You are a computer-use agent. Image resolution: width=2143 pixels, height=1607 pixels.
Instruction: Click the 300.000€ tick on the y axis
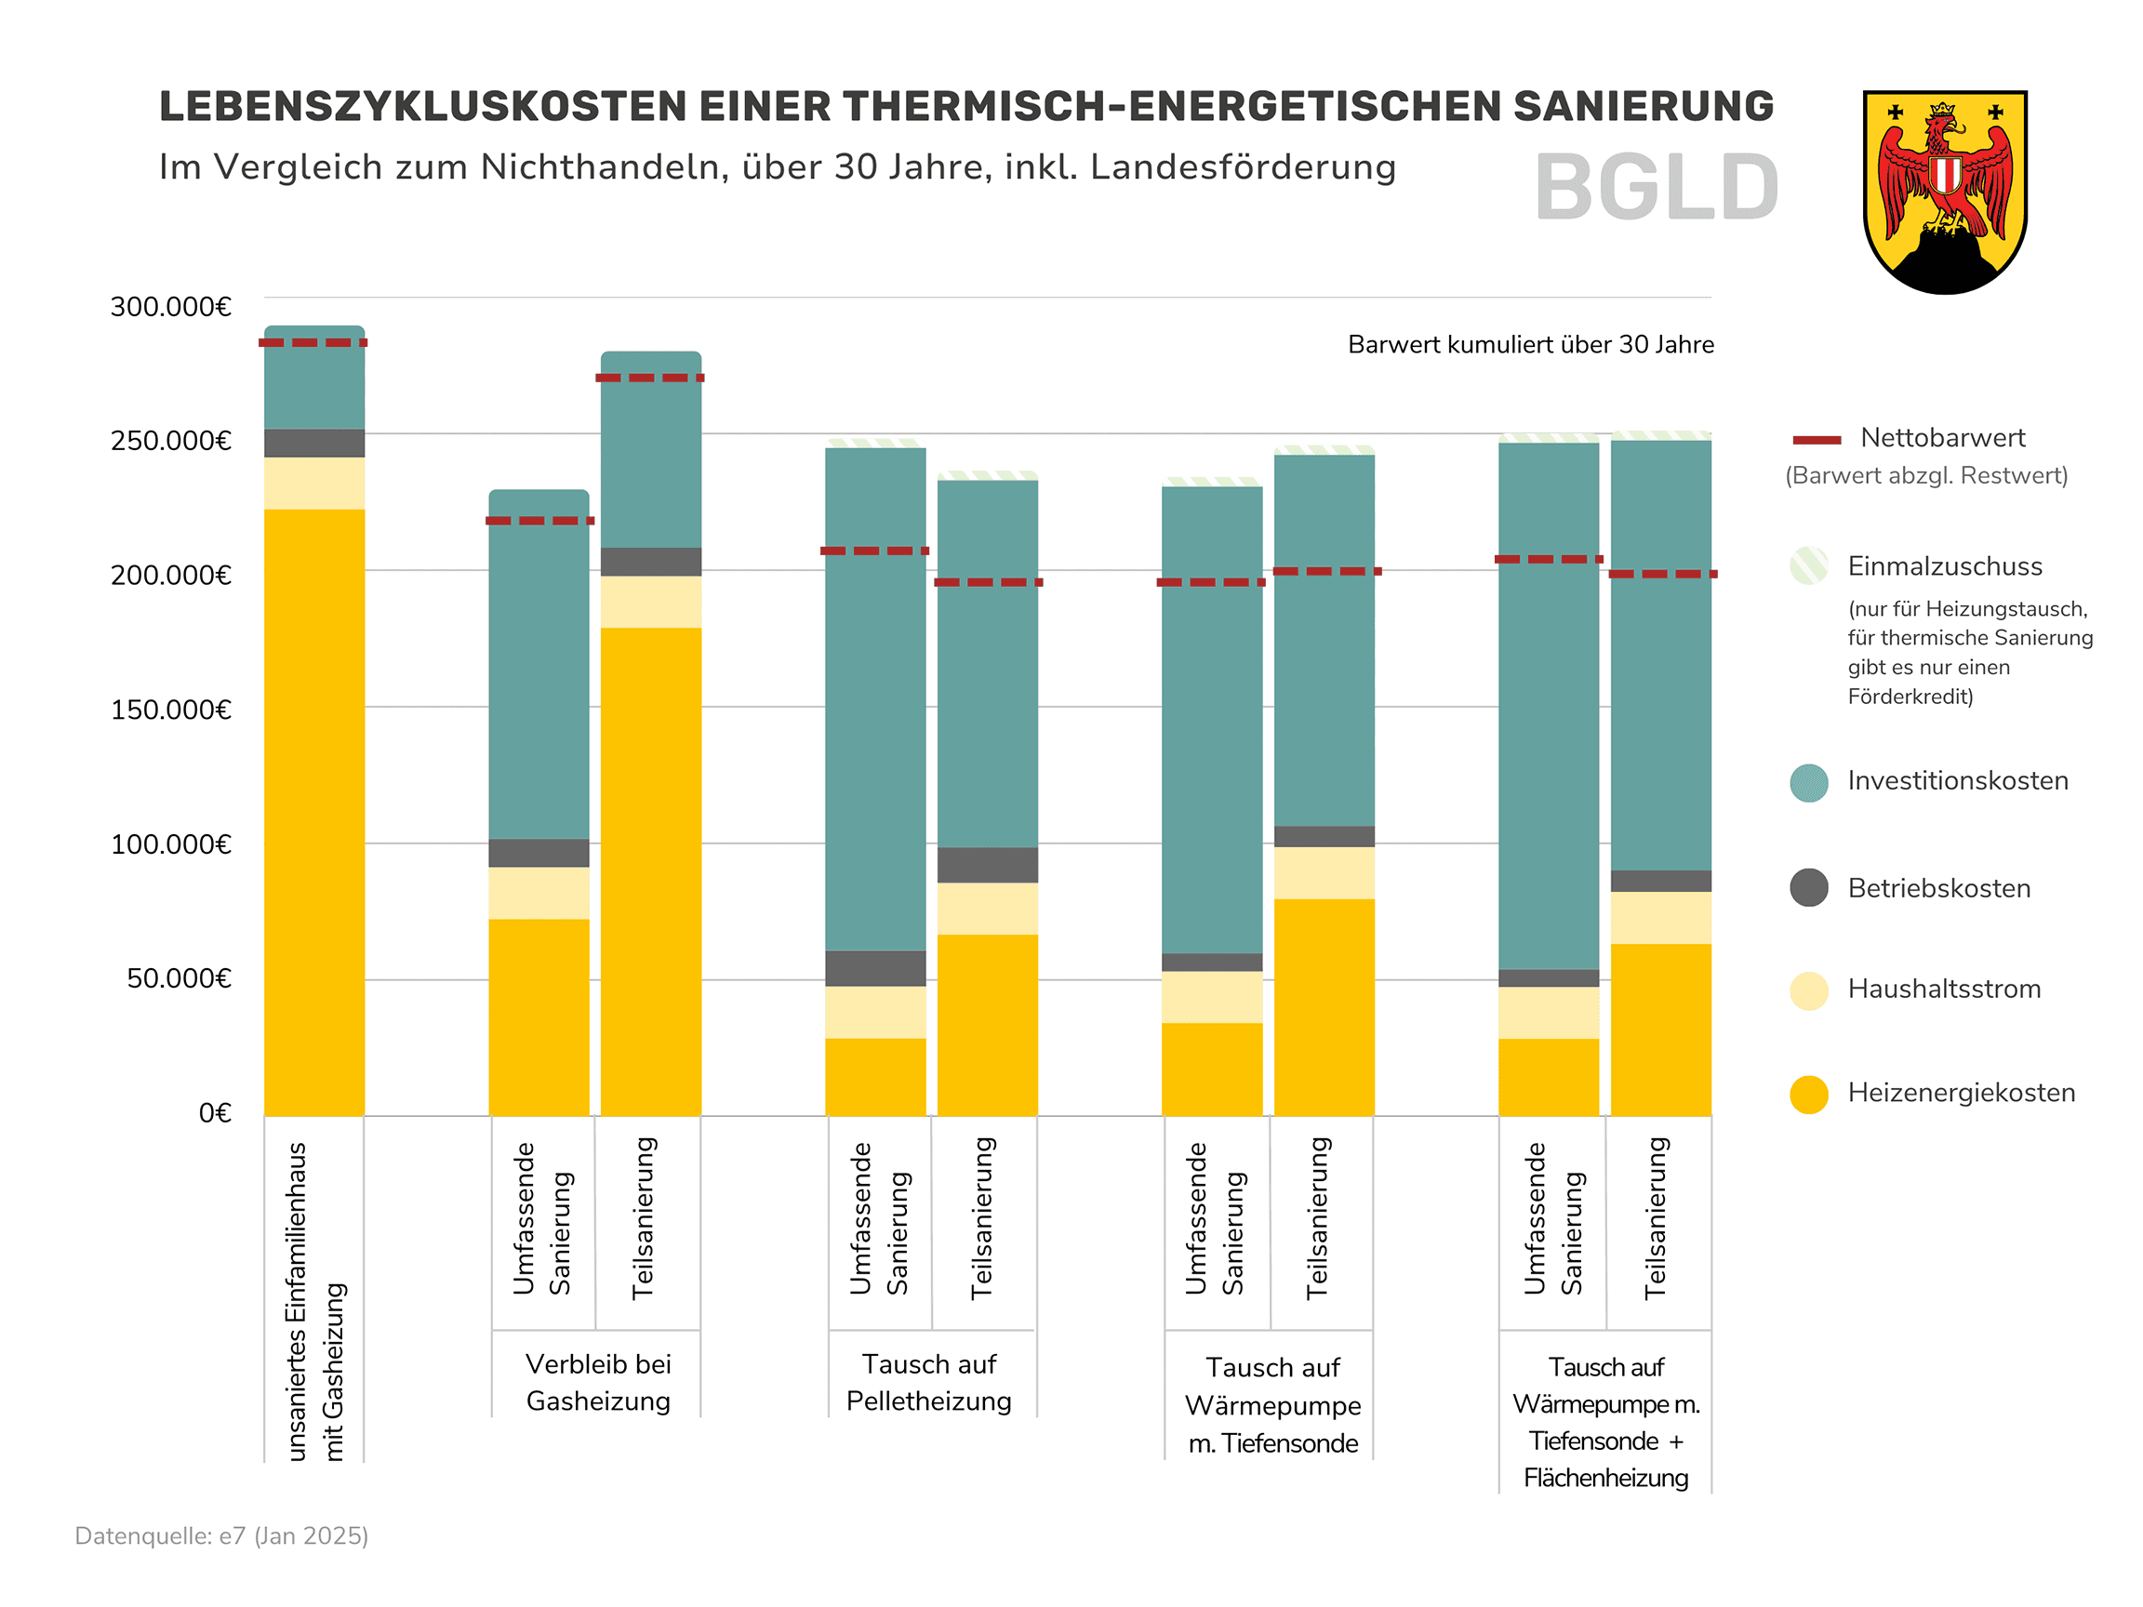tap(170, 307)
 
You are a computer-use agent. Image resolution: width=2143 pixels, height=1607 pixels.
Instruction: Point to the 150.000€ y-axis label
tap(170, 710)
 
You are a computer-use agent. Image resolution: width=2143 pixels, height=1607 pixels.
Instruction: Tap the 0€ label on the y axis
tap(215, 1113)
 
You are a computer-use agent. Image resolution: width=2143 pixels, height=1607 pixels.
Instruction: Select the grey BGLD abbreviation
tap(1656, 188)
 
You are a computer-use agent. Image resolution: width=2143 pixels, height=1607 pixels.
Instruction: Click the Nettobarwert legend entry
tap(1941, 438)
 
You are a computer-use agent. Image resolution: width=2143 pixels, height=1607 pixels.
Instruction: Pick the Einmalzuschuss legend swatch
tap(1808, 566)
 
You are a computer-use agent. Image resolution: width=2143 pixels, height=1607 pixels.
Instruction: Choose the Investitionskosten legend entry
tap(1957, 781)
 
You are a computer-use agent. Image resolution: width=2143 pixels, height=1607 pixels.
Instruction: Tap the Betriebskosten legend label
tap(1938, 888)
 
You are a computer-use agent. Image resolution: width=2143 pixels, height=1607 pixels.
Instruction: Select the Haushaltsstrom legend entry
tap(1943, 989)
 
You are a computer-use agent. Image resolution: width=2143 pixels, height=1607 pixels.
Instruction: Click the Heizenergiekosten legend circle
tap(1808, 1094)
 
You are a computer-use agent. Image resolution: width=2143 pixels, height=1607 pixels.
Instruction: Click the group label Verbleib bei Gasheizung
tap(598, 1382)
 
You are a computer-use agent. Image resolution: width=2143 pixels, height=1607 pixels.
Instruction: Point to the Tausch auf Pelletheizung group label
tap(928, 1382)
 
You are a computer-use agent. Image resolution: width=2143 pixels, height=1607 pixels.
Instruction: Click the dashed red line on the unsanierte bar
tap(313, 343)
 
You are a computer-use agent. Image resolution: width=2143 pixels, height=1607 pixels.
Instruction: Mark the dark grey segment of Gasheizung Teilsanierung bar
tap(650, 562)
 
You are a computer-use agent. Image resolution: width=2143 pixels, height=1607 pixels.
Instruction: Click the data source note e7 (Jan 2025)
tap(222, 1535)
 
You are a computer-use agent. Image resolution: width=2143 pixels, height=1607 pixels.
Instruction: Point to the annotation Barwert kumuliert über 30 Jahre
tap(1530, 345)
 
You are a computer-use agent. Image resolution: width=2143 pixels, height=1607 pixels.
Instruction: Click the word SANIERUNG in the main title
tap(1644, 107)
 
